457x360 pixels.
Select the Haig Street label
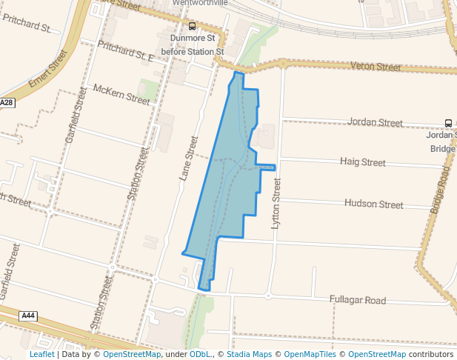[x=362, y=161]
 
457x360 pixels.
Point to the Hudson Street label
[x=374, y=204]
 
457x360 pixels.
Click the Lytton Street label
[x=277, y=201]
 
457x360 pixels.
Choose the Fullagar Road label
[x=358, y=300]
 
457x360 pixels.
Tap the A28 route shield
[x=7, y=103]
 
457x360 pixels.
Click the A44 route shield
[x=28, y=316]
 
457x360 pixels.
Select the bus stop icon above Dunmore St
[x=193, y=26]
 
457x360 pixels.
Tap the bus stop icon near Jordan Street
[x=448, y=123]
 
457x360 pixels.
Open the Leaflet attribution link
[x=42, y=354]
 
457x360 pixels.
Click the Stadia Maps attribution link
[x=248, y=354]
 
